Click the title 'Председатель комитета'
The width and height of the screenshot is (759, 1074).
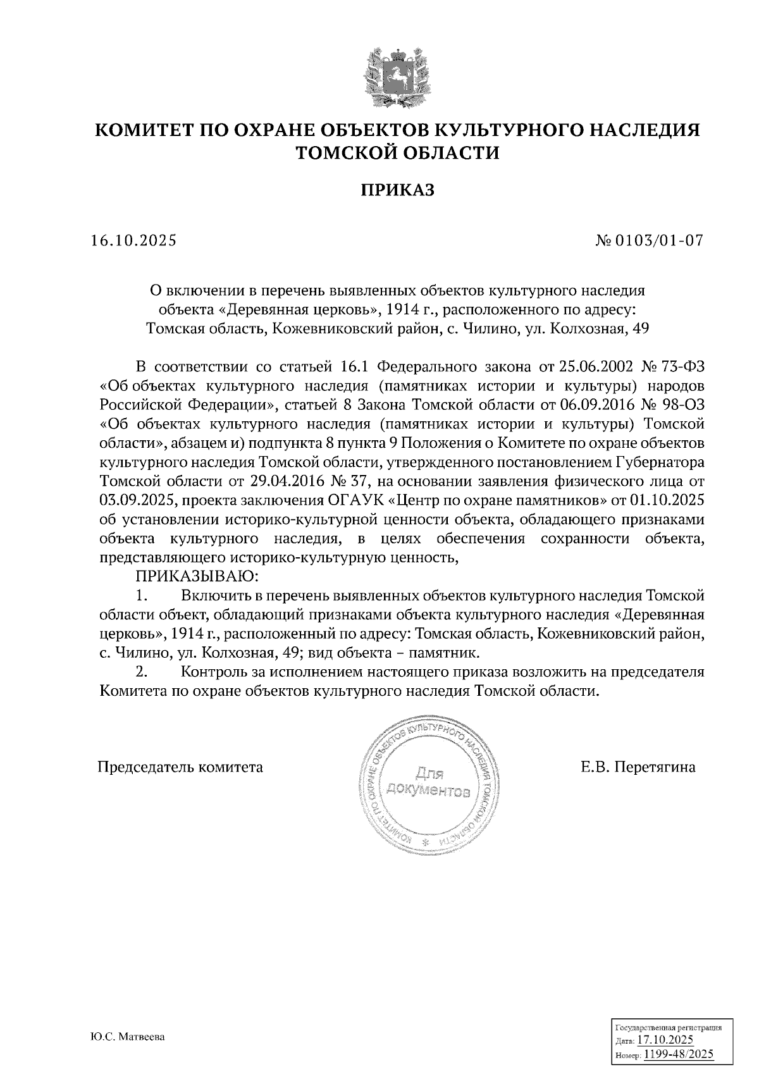pyautogui.click(x=180, y=767)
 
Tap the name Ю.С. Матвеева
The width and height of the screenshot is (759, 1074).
pyautogui.click(x=127, y=1038)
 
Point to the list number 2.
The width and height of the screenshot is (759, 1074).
pyautogui.click(x=142, y=672)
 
